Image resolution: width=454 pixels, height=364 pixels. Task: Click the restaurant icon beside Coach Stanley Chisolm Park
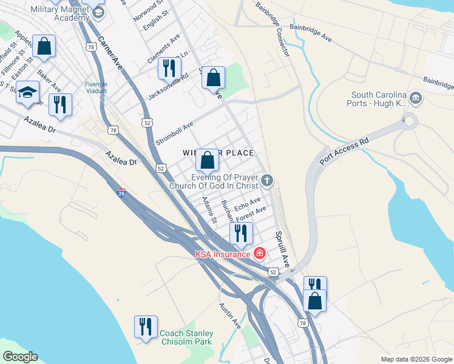pos(146,327)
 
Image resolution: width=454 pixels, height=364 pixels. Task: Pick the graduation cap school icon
pos(27,92)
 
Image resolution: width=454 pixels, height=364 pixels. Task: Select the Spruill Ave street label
pos(282,249)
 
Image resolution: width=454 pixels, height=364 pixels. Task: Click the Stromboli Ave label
pos(175,133)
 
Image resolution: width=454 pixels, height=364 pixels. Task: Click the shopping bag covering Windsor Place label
pos(207,160)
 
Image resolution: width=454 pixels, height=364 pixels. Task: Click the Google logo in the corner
pos(20,357)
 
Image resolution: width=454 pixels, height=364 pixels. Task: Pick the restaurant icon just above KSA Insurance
pos(241,232)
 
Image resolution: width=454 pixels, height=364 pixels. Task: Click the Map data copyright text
pos(416,359)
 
